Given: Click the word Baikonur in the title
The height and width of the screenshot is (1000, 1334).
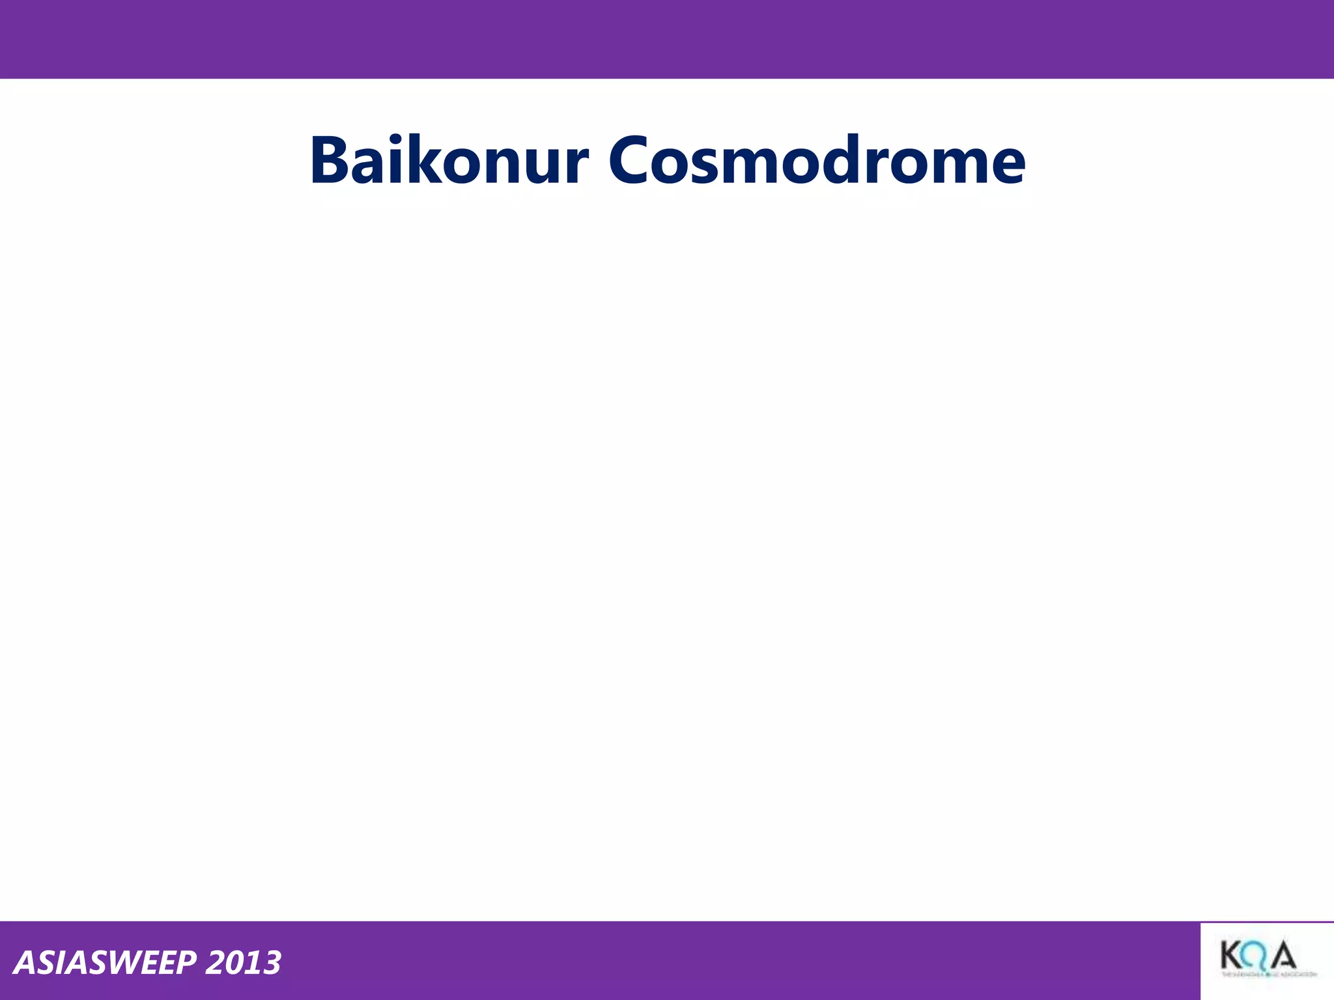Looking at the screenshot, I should click(449, 161).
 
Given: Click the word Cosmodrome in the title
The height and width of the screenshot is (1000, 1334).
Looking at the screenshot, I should click(817, 161).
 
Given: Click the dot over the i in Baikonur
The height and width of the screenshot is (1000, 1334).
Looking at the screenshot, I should click(391, 139).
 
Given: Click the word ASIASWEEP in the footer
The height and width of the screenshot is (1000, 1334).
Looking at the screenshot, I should click(105, 963).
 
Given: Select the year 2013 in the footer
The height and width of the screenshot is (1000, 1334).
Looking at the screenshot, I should click(243, 963).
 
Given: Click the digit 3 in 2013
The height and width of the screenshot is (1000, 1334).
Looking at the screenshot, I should click(270, 963).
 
